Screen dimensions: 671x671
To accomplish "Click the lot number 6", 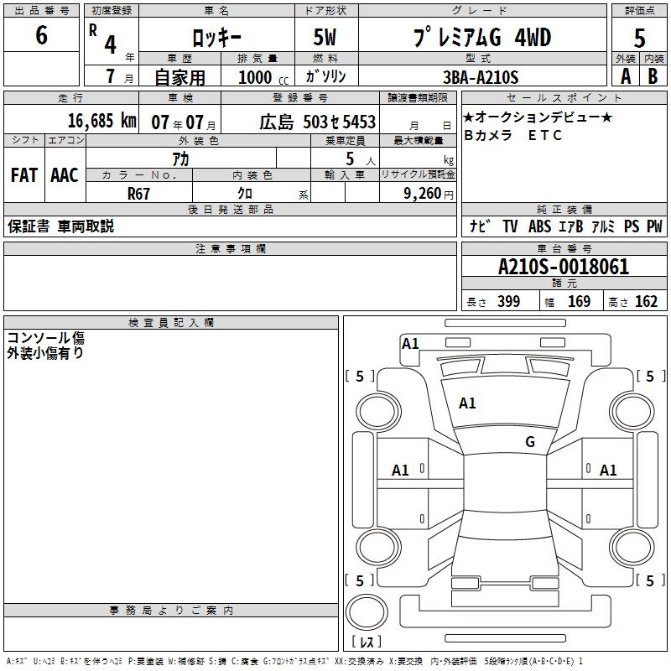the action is point(41,34).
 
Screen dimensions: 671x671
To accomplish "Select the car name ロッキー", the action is point(216,38).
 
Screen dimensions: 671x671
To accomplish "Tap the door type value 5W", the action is point(325,37).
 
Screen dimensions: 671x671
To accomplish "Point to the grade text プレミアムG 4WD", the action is point(482,37).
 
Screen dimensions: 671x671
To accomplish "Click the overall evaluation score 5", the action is point(639,38).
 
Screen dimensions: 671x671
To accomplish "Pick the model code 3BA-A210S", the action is point(481,77).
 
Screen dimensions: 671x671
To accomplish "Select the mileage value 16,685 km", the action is point(102,121).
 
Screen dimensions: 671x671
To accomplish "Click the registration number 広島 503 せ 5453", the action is point(318,122).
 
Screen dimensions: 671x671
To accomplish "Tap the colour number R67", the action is point(138,194).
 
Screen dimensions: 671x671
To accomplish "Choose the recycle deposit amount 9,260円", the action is point(429,194).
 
